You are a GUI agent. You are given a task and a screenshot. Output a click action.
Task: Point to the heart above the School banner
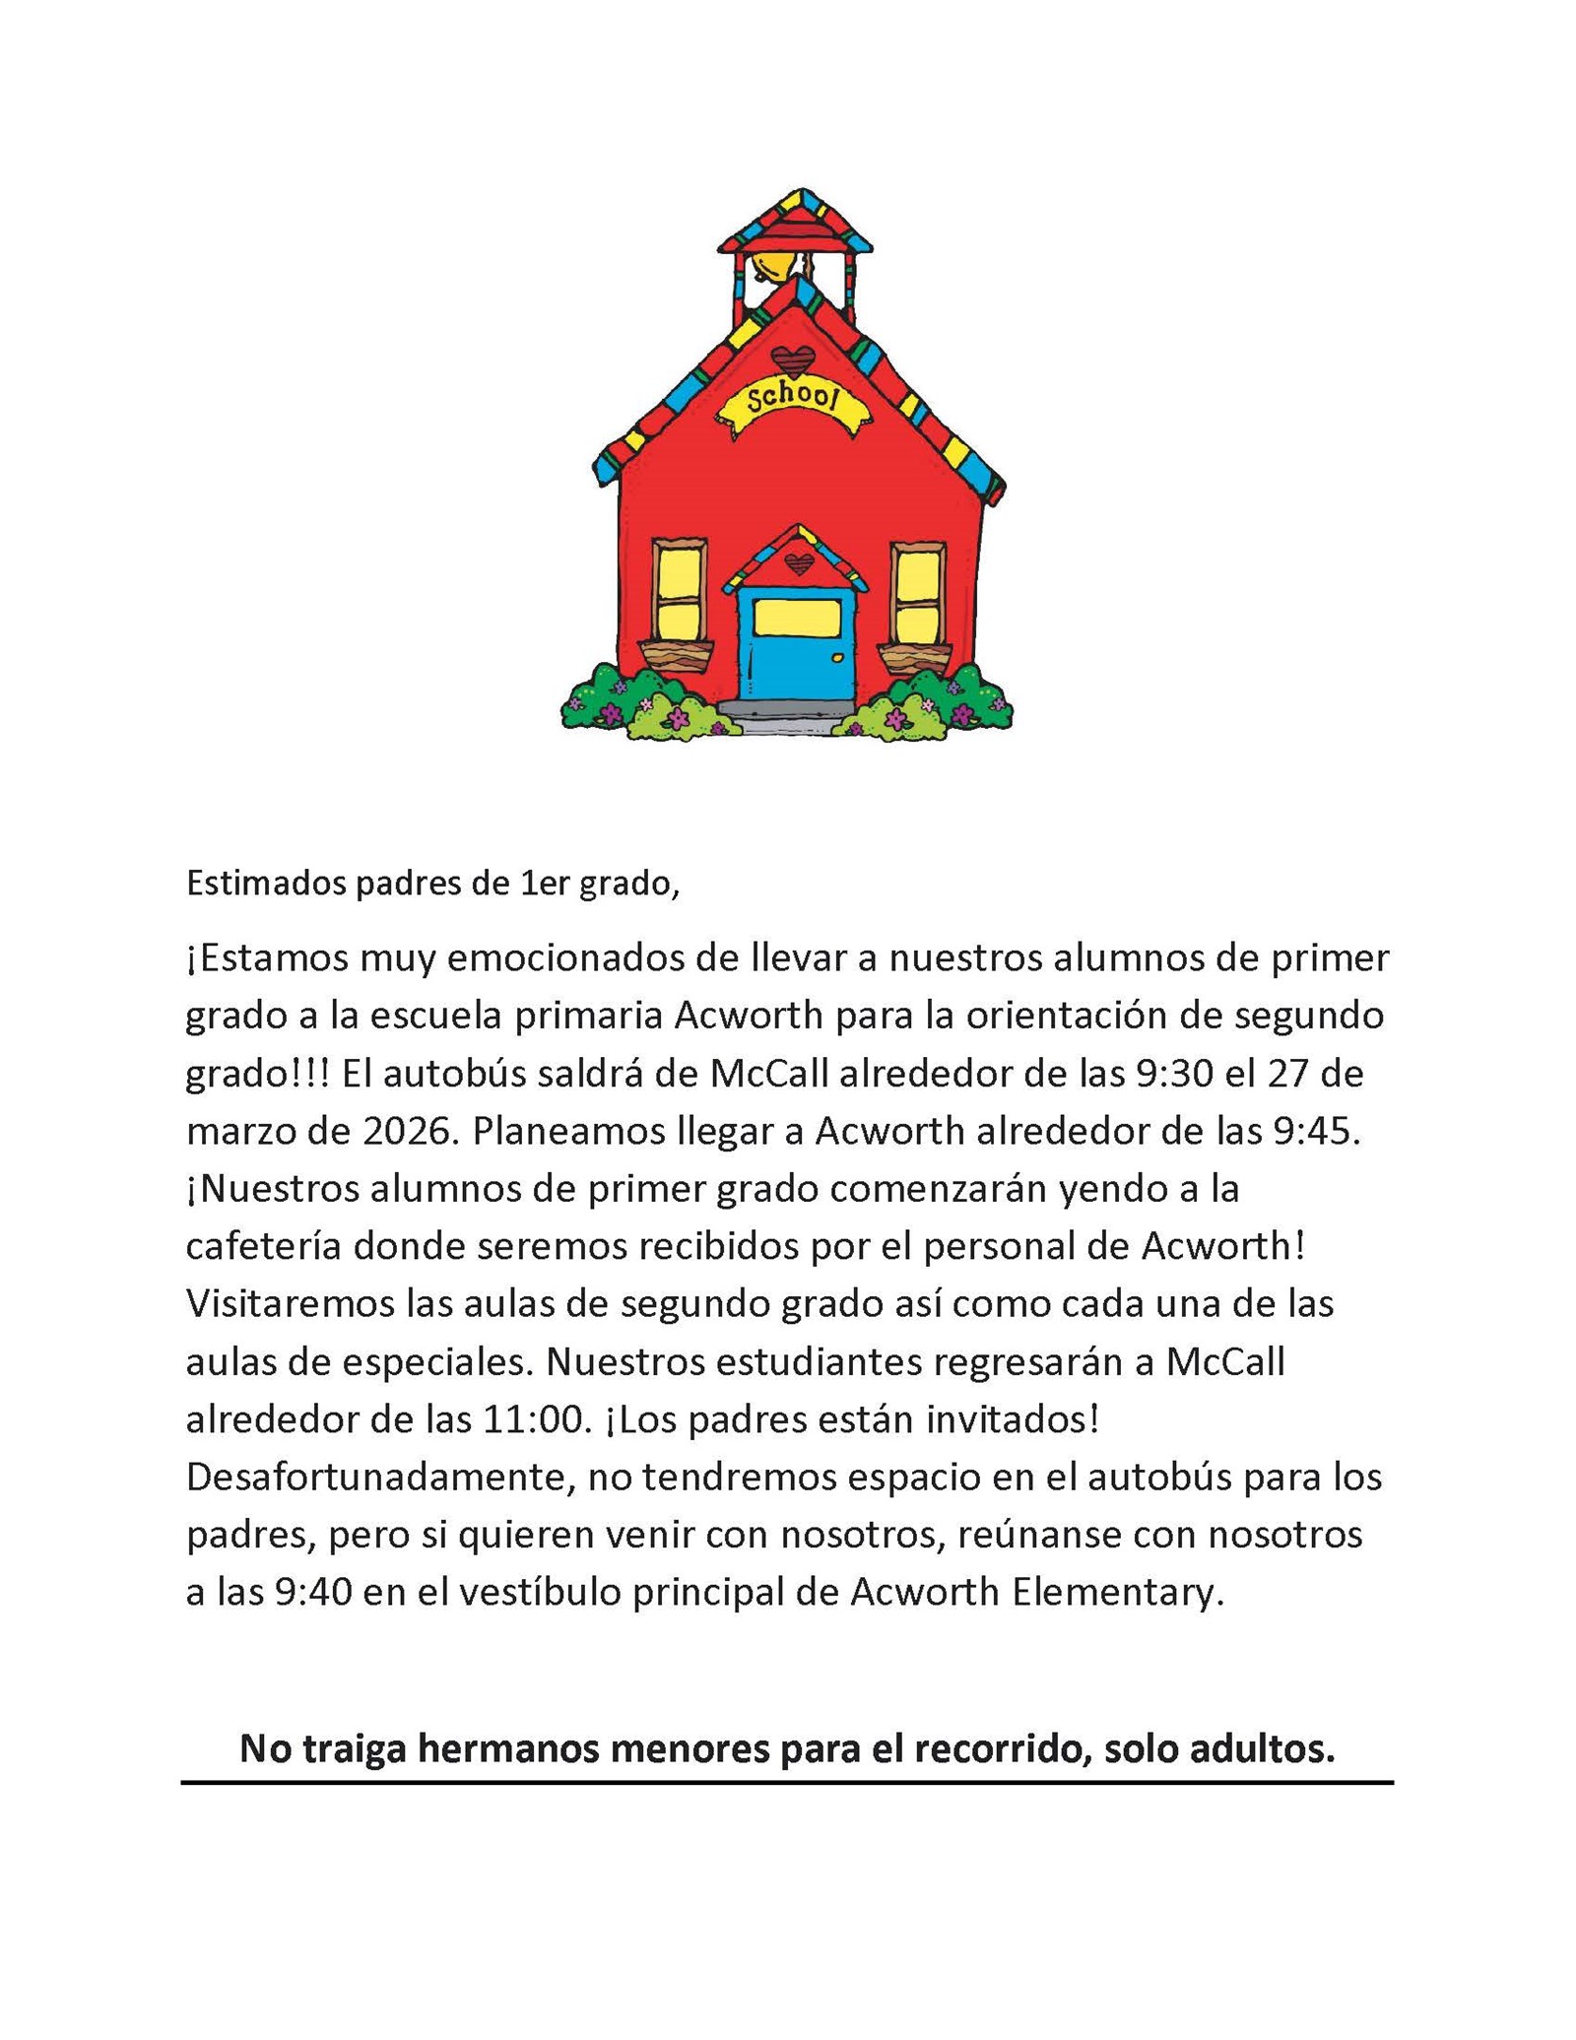tap(793, 360)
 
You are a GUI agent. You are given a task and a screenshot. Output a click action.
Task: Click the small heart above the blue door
tap(798, 563)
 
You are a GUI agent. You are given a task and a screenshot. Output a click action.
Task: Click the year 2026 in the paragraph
tap(407, 1132)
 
